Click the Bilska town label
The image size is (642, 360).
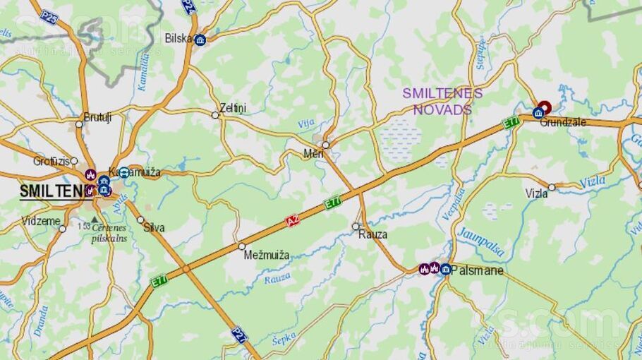178,38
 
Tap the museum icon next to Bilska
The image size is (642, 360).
200,40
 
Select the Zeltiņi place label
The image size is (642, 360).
233,108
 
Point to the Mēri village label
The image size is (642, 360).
313,154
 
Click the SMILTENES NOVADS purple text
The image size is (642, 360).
442,101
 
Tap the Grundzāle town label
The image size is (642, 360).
563,122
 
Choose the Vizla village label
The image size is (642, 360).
536,193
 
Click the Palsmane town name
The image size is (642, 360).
478,270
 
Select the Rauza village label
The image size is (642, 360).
372,234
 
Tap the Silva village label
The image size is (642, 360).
154,228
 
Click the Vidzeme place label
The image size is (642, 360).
40,221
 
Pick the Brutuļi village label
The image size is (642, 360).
97,117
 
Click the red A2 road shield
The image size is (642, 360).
293,222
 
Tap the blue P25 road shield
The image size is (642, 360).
49,17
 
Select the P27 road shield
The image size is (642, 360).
239,332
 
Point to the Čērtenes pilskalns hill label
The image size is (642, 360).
109,234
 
